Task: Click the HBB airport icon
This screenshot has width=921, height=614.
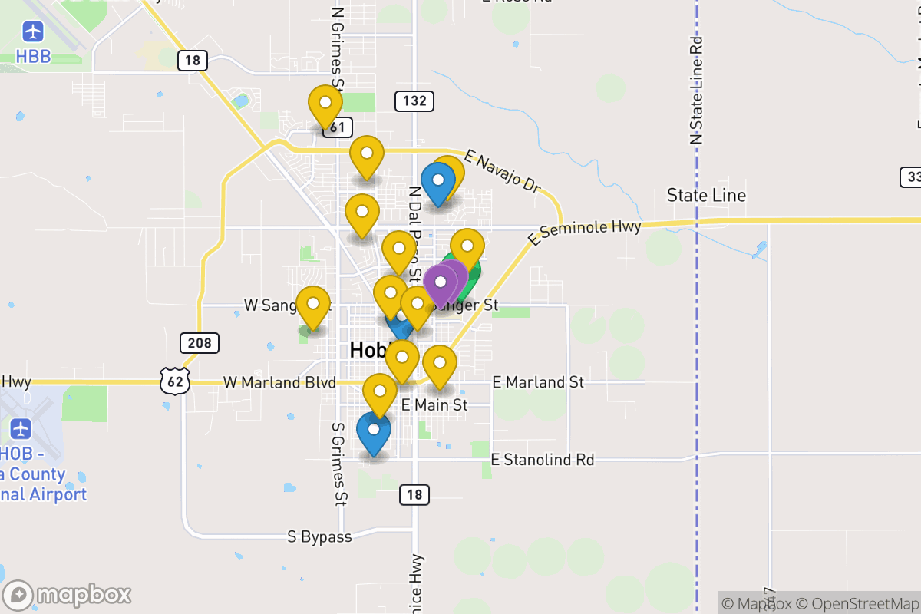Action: (33, 32)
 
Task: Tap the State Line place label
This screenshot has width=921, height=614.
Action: (706, 195)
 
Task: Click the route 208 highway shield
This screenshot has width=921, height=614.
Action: (200, 342)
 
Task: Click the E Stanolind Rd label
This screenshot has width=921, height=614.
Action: (543, 460)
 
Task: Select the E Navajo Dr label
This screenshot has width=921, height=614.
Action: (503, 173)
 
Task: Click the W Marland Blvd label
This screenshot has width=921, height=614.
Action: (279, 382)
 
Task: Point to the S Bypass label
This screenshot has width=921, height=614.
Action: (319, 536)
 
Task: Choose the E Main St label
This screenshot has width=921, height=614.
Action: (434, 404)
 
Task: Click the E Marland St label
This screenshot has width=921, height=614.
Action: (538, 381)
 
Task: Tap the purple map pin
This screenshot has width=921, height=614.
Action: (441, 282)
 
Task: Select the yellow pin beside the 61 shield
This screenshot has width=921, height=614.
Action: (325, 106)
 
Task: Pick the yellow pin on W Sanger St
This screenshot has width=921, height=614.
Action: (313, 305)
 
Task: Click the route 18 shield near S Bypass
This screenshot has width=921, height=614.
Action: (414, 495)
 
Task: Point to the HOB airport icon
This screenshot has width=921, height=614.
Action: (21, 429)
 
